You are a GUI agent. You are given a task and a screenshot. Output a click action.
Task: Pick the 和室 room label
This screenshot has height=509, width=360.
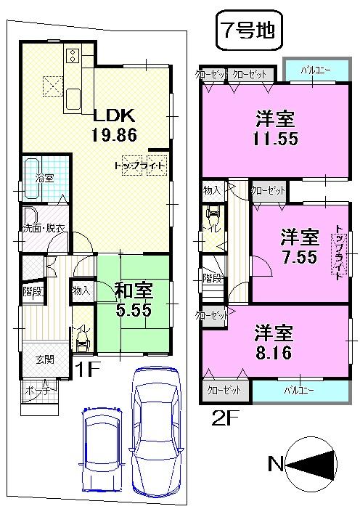(x=134, y=291)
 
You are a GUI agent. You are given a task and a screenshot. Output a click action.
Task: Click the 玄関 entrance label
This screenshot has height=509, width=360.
(x=45, y=359)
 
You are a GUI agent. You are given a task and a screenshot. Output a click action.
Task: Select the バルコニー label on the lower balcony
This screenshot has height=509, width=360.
(x=298, y=390)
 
